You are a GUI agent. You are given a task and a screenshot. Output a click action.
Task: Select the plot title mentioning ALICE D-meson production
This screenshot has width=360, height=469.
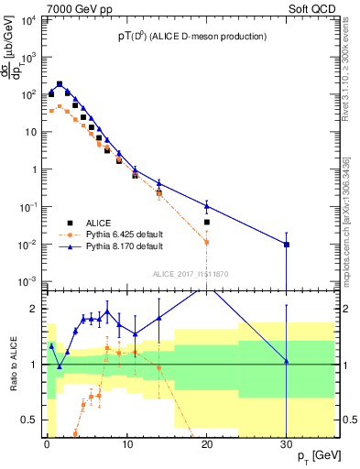[192, 37]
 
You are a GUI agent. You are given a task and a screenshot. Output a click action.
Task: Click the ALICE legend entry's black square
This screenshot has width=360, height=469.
[69, 221]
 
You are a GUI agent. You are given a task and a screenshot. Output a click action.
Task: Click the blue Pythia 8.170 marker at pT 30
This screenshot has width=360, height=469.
[287, 245]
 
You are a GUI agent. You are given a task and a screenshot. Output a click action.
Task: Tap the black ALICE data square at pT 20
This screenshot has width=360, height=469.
[207, 222]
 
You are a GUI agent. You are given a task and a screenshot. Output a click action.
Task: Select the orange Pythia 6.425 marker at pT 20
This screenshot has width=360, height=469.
[207, 243]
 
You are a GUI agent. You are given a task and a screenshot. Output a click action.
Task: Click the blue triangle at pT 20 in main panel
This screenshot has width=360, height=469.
[207, 205]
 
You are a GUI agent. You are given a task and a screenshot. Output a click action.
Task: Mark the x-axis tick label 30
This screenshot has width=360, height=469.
[287, 443]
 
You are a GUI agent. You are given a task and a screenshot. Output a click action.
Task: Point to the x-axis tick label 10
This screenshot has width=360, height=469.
[126, 443]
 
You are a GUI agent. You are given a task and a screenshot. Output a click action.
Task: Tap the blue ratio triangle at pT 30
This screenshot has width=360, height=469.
[287, 361]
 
